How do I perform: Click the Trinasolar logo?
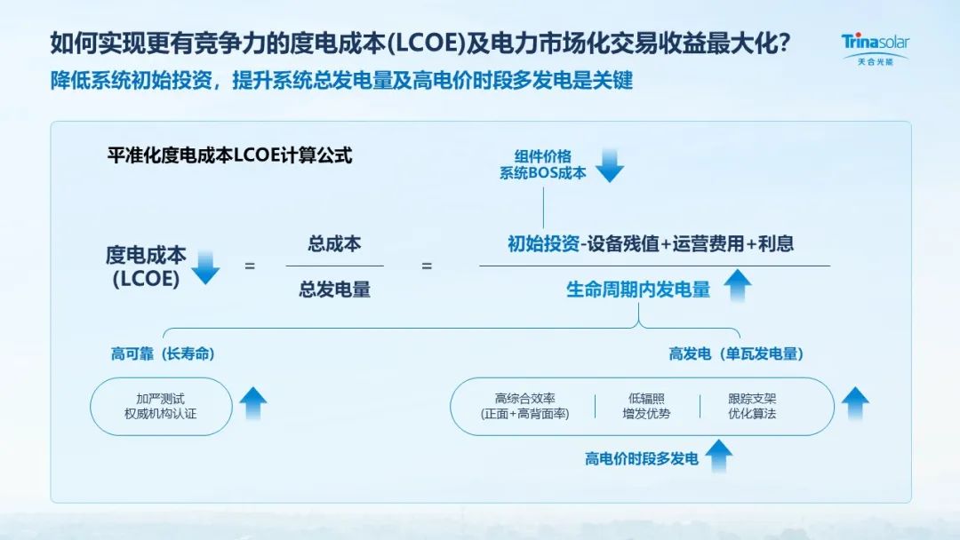pos(875,49)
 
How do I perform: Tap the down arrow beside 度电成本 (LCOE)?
pos(205,266)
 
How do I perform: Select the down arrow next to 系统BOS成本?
pos(609,165)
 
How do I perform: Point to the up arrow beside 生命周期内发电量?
pos(737,286)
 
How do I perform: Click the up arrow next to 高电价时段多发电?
pos(719,457)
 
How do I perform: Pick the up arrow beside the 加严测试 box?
pos(252,403)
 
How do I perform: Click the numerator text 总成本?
pos(334,244)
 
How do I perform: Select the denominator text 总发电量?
pos(334,290)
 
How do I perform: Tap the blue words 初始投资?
pos(544,244)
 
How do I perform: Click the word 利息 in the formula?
pos(776,244)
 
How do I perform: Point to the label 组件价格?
pos(543,156)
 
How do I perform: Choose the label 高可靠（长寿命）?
pos(163,353)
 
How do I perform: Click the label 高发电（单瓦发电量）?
pos(736,353)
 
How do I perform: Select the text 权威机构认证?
pos(160,414)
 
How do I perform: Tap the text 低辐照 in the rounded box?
pos(646,399)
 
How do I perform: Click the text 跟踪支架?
pos(752,399)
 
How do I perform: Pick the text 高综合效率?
pos(524,399)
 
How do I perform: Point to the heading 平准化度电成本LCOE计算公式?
pos(229,155)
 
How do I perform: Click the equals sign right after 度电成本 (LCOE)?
pos(250,266)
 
